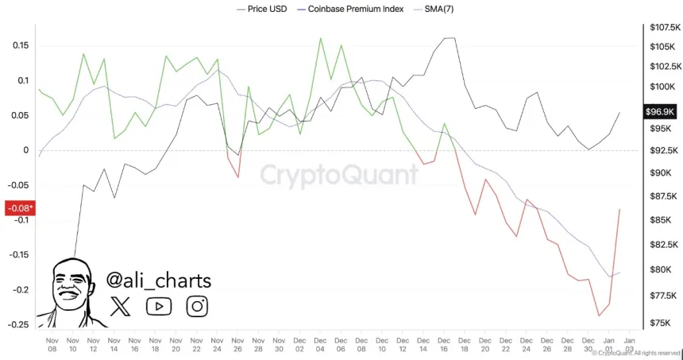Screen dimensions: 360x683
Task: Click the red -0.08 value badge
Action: coord(18,209)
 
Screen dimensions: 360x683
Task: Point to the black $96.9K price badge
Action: coord(660,113)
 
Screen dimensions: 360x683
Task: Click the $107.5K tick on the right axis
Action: coord(662,27)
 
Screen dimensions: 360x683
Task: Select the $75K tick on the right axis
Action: coord(658,323)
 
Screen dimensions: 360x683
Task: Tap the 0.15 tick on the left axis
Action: coord(21,45)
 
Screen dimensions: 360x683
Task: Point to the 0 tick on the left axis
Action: coord(26,150)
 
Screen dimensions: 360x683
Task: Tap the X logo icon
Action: coord(121,305)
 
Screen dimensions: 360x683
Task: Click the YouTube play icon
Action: coord(159,305)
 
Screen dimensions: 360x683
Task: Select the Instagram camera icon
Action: coord(198,305)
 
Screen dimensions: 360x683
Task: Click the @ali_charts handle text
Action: coord(159,281)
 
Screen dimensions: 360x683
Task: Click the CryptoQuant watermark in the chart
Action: coord(339,175)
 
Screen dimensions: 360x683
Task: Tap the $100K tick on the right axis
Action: coord(660,87)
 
